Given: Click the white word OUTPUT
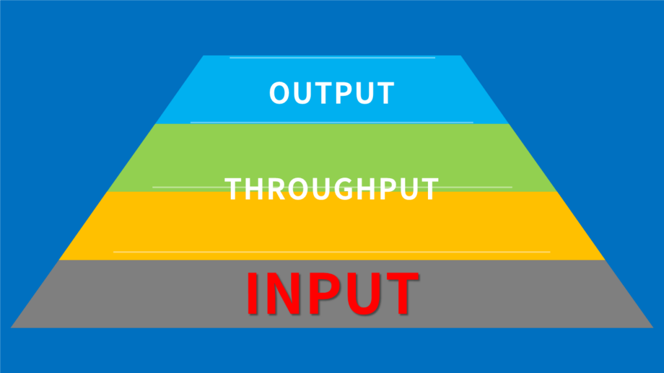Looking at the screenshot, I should (331, 93).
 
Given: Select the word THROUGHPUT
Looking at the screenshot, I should (331, 188).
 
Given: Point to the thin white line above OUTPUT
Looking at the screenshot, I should (331, 58).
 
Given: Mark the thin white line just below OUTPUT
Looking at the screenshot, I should (331, 122).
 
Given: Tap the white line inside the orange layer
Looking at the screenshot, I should (331, 251).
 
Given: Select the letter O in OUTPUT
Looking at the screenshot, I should (279, 93).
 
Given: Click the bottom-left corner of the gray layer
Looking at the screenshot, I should (12, 327).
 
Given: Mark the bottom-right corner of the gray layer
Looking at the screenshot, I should (652, 327).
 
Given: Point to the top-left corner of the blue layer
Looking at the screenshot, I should (204, 56).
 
